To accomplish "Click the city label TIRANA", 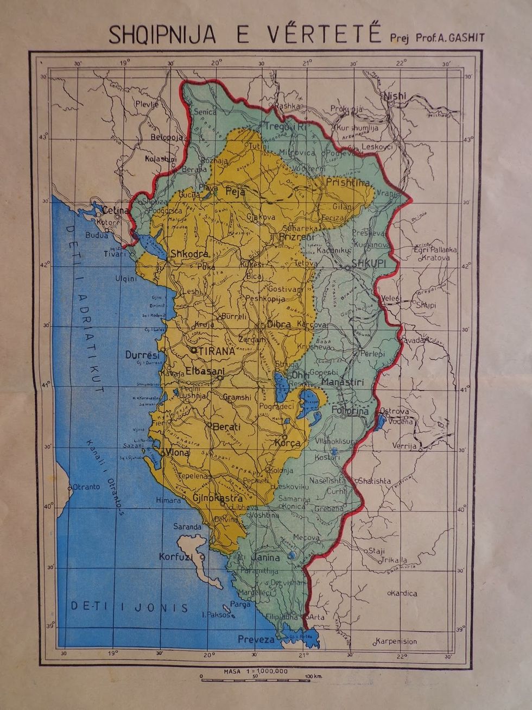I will [x=217, y=351].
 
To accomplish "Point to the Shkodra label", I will [x=189, y=254].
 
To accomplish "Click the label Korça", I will [x=288, y=443].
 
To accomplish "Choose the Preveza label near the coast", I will [x=256, y=639].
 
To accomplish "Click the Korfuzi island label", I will [x=178, y=557].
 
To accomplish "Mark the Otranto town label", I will [x=86, y=487].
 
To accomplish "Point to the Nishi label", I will [x=395, y=96].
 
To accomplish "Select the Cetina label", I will [x=116, y=210].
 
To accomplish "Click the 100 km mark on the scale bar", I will [x=312, y=677].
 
